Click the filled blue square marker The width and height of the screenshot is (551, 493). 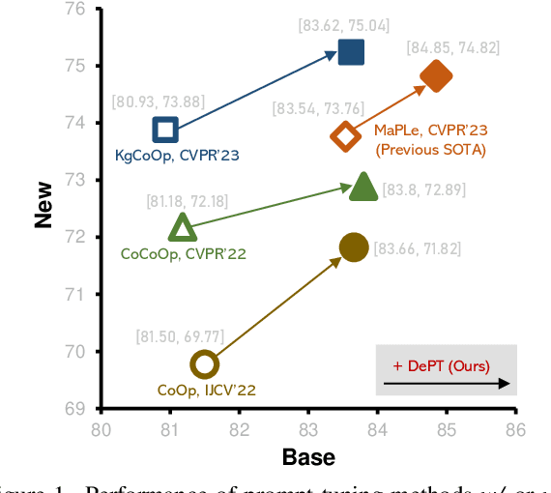point(352,52)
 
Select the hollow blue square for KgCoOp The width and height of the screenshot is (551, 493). point(165,130)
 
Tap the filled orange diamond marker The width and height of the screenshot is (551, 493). point(436,76)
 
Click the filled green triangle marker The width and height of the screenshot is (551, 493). point(362,187)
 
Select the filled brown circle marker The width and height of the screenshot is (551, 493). point(354,247)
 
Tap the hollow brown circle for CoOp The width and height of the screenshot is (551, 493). point(204,364)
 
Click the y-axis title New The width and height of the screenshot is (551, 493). point(43,207)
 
